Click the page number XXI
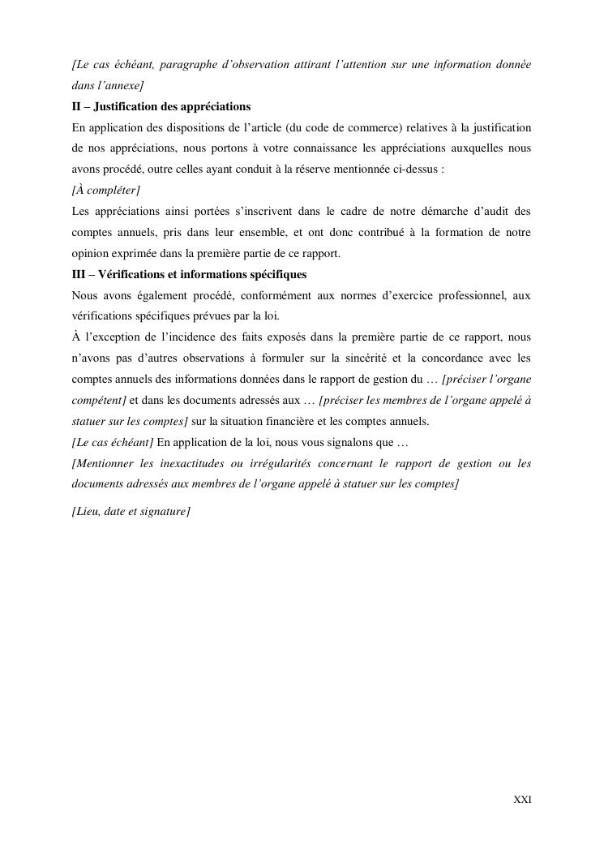(x=523, y=800)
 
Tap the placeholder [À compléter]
(x=105, y=191)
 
